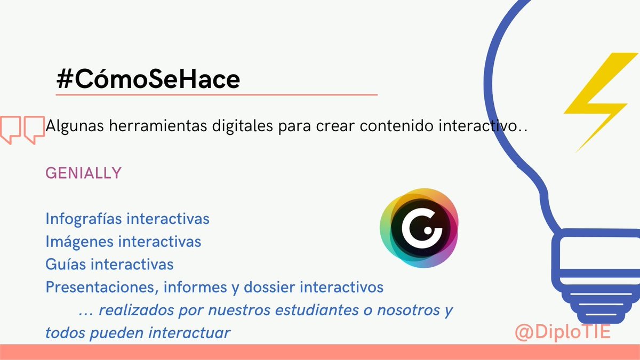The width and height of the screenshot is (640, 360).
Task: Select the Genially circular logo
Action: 419,228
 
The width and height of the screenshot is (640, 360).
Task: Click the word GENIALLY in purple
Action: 84,173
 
